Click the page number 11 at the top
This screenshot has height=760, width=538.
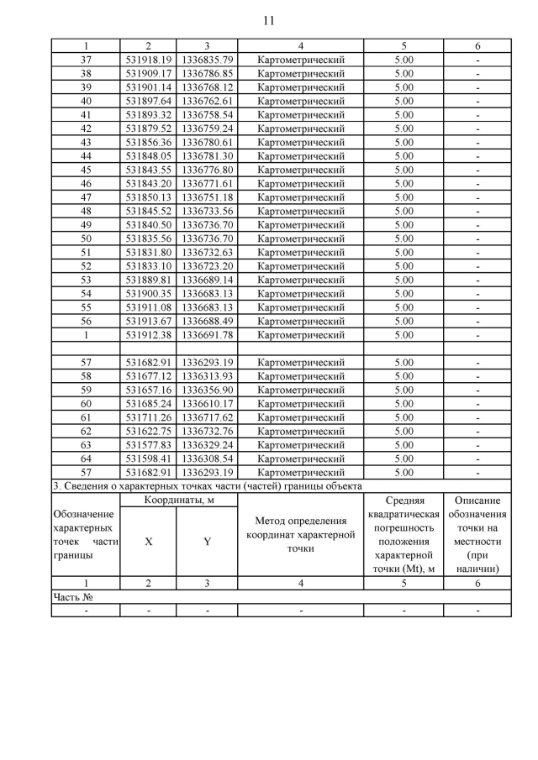268,20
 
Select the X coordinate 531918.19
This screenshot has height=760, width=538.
149,60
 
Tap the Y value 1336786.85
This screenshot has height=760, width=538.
207,73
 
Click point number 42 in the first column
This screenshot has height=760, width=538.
85,128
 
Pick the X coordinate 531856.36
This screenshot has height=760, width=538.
149,142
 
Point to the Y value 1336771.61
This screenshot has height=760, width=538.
207,183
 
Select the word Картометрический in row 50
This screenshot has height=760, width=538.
301,238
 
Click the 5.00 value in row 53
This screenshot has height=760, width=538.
403,280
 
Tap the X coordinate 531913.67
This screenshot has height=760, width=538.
149,321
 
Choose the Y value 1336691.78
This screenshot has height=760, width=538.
207,335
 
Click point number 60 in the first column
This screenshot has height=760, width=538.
85,403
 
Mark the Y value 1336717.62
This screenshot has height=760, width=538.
207,417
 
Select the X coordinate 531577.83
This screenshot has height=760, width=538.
149,444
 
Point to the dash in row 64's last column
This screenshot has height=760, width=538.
477,459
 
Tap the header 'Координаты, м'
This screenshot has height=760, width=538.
179,501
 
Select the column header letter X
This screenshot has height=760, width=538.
149,542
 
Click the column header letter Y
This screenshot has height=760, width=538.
207,542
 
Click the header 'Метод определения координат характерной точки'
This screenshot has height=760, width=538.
301,535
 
